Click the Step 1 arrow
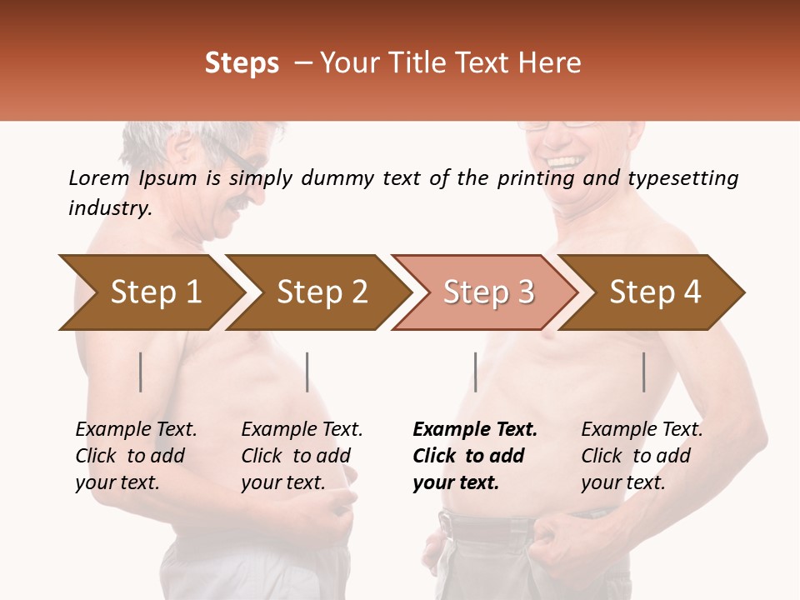point(154,292)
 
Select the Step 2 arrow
point(322,292)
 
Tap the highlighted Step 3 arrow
point(488,292)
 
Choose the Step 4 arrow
point(655,292)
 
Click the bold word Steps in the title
point(242,63)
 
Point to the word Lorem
point(99,178)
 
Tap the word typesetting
point(682,178)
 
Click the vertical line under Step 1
point(141,372)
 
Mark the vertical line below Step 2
point(307,372)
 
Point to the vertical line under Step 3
point(475,372)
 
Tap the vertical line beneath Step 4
point(643,372)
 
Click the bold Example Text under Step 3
point(475,430)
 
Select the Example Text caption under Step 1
point(136,430)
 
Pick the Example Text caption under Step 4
point(642,430)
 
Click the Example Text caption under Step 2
point(302,430)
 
